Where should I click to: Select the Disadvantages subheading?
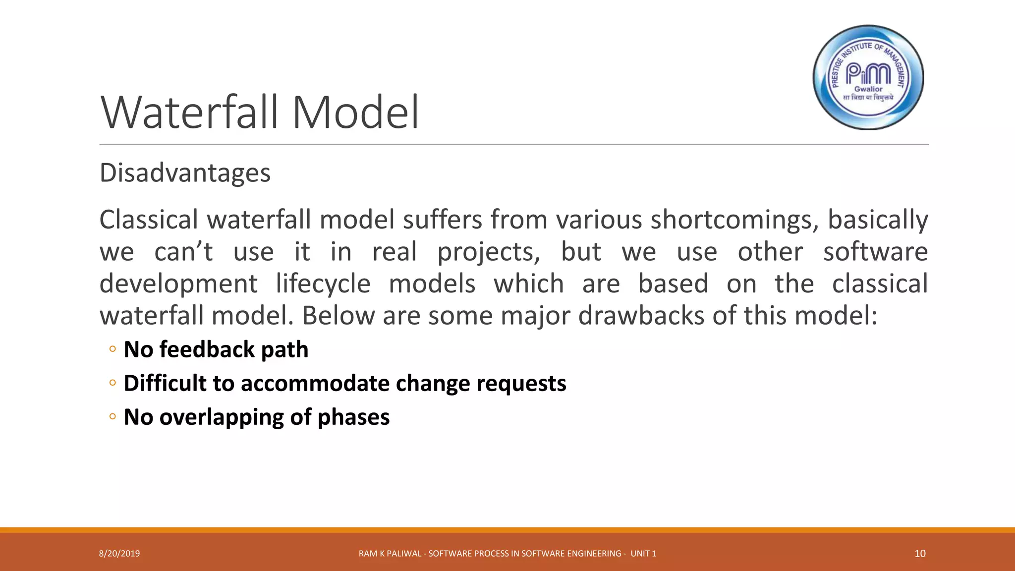click(x=185, y=173)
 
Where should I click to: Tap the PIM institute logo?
click(x=868, y=77)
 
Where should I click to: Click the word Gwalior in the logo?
click(x=868, y=89)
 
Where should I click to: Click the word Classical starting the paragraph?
click(x=148, y=220)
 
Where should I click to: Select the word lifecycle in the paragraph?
click(x=323, y=284)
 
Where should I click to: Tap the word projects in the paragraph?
click(x=488, y=252)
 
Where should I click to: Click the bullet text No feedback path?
click(x=216, y=349)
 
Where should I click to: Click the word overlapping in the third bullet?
click(x=221, y=417)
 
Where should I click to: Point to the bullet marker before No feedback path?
click(x=113, y=349)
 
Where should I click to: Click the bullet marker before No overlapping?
click(x=113, y=417)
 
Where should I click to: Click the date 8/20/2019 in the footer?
click(x=119, y=554)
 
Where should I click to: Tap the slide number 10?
click(x=920, y=554)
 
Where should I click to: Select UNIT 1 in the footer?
click(x=643, y=554)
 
